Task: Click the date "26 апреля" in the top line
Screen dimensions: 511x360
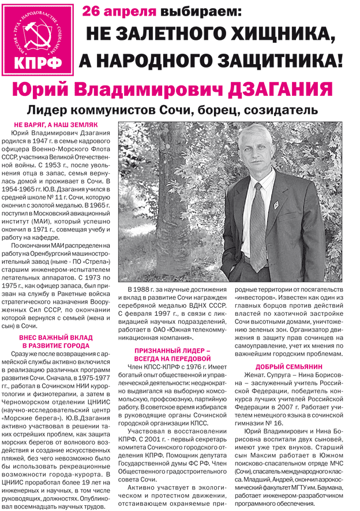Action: click(119, 11)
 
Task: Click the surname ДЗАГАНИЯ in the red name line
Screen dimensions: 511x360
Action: click(280, 89)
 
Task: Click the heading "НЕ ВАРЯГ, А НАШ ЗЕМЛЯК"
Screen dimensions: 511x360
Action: click(56, 125)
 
